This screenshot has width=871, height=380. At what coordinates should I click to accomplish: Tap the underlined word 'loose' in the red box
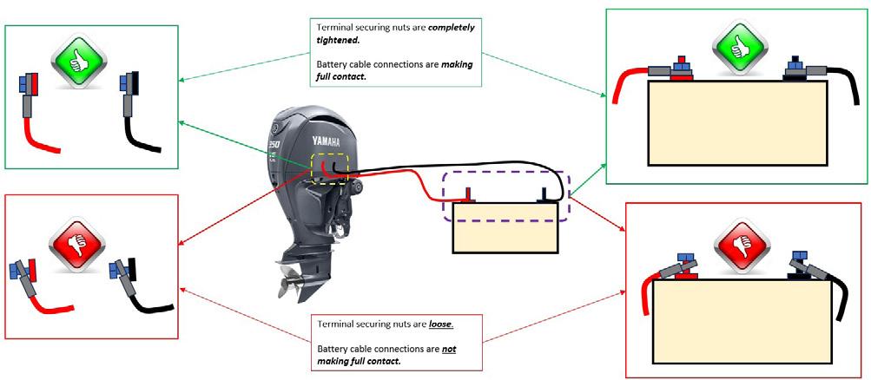[x=441, y=324]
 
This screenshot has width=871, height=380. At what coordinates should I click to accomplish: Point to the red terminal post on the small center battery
[x=470, y=193]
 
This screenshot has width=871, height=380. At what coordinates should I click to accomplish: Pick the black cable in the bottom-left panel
[x=143, y=304]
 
